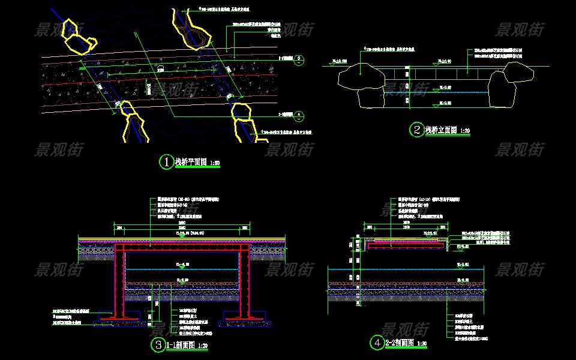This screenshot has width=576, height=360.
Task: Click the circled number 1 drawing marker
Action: point(166,162)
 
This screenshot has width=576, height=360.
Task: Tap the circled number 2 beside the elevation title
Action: point(416,130)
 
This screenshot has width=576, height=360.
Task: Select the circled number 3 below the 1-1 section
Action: point(158,344)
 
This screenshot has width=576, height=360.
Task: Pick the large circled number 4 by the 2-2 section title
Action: point(377,343)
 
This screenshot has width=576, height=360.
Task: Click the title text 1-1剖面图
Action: point(180,345)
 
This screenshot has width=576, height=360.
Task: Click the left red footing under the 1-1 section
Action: point(119,314)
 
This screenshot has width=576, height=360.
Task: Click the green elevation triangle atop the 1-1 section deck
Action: point(182,236)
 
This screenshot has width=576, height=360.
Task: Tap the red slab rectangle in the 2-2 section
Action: point(407,245)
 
